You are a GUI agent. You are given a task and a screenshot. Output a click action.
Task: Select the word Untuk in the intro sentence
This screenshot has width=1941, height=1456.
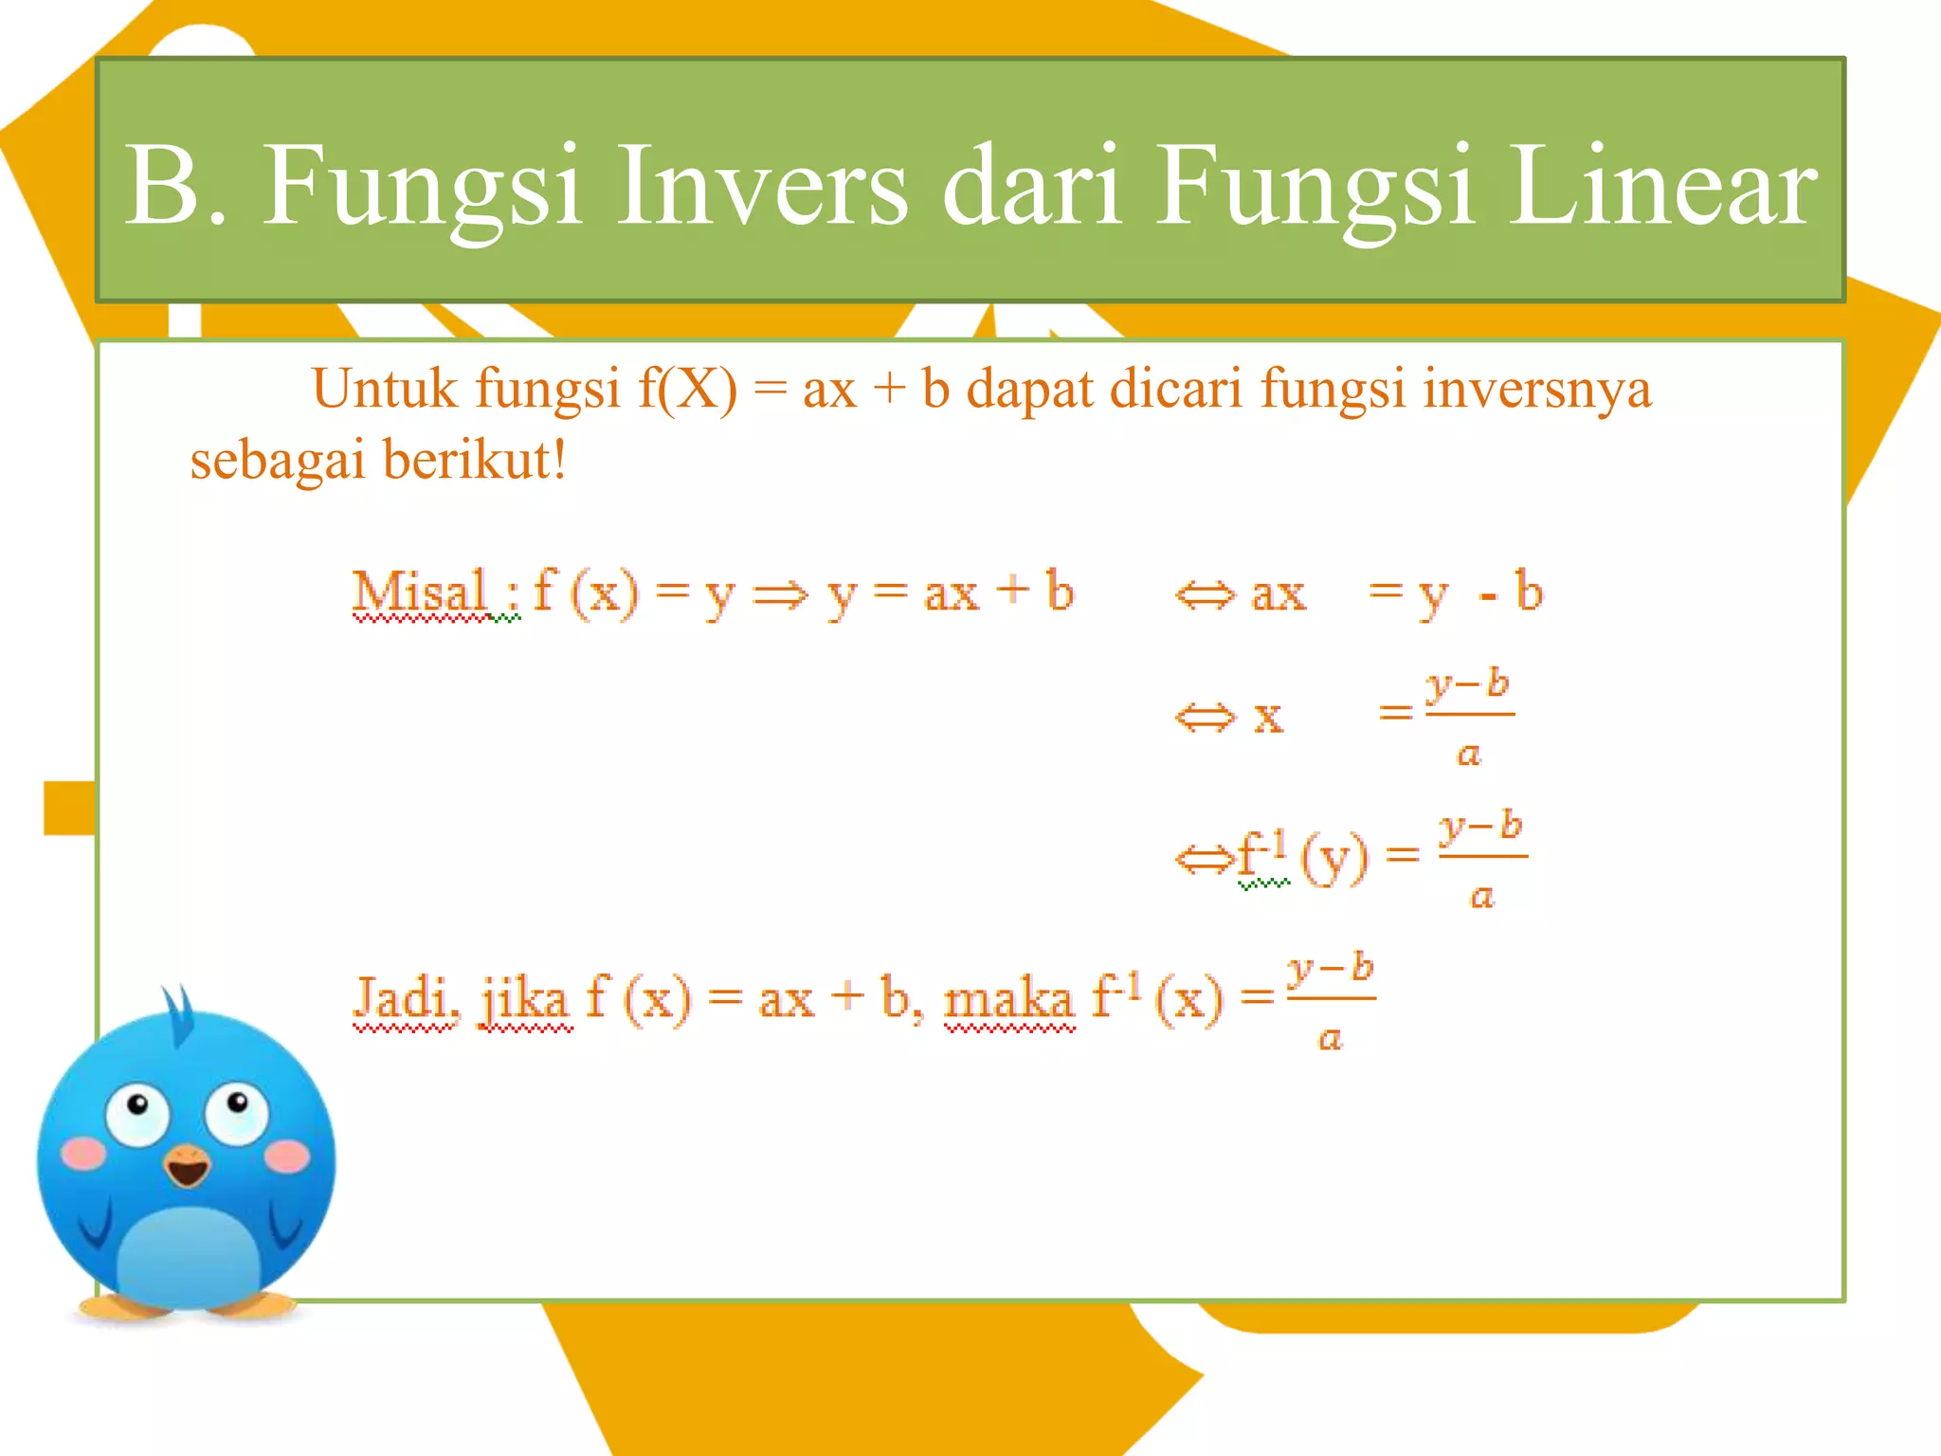coord(384,389)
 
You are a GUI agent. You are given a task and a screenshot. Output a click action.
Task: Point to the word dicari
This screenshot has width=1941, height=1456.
coord(1175,389)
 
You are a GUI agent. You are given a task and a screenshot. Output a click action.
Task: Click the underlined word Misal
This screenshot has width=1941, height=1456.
coord(420,592)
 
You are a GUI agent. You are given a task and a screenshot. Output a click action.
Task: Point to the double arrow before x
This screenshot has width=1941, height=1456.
coord(1205,718)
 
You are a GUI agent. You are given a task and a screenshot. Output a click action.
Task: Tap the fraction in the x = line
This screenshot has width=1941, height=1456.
coord(1468,718)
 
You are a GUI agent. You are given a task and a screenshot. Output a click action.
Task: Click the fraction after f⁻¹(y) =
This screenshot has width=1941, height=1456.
coord(1482,859)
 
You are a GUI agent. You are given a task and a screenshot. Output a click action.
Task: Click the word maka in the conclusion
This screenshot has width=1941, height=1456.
coord(1008,999)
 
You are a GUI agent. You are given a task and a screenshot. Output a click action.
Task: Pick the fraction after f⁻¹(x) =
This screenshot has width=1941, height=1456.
coord(1331,1001)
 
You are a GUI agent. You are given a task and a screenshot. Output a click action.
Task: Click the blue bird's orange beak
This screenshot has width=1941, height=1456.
coord(187,1165)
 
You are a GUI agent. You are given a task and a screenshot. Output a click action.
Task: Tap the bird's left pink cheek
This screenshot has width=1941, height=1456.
coord(83,1153)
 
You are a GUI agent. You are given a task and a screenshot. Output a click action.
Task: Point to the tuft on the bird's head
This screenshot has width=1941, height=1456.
coord(178,1012)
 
